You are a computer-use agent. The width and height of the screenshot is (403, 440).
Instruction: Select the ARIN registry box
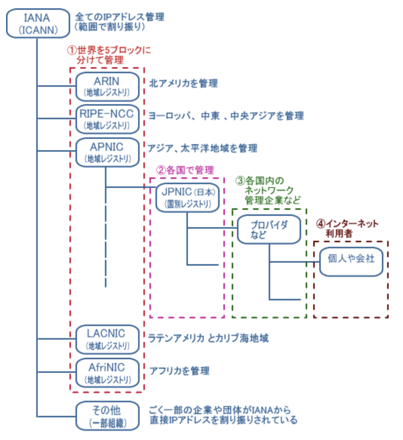point(107,86)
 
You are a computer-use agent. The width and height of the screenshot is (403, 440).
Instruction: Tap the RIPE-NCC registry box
point(107,119)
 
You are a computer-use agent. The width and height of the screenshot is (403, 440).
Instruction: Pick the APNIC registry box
point(107,152)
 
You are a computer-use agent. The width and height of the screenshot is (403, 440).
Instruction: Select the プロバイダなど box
point(269,229)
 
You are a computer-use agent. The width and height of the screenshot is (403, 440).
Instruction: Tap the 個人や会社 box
point(351,262)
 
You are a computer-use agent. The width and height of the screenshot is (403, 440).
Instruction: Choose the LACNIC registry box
point(107,339)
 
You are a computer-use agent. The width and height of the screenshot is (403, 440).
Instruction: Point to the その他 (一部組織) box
point(107,416)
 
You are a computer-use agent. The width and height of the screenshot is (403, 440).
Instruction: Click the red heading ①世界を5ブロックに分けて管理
point(109,55)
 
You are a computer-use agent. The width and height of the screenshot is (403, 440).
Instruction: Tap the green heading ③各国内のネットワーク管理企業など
point(269,190)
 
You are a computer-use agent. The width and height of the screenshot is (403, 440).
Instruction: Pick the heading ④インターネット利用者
point(347,228)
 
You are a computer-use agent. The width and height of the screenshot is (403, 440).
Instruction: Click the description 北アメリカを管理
point(183,83)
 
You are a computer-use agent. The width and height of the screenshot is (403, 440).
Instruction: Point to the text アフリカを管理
point(179,371)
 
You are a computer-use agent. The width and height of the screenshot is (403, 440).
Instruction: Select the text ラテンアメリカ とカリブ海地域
point(208,338)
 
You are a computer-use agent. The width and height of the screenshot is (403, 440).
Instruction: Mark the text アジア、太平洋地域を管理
point(202,148)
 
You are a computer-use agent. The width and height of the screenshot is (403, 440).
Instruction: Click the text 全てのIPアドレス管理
point(119,17)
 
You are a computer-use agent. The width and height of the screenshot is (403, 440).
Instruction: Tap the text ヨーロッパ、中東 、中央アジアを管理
point(226,116)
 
